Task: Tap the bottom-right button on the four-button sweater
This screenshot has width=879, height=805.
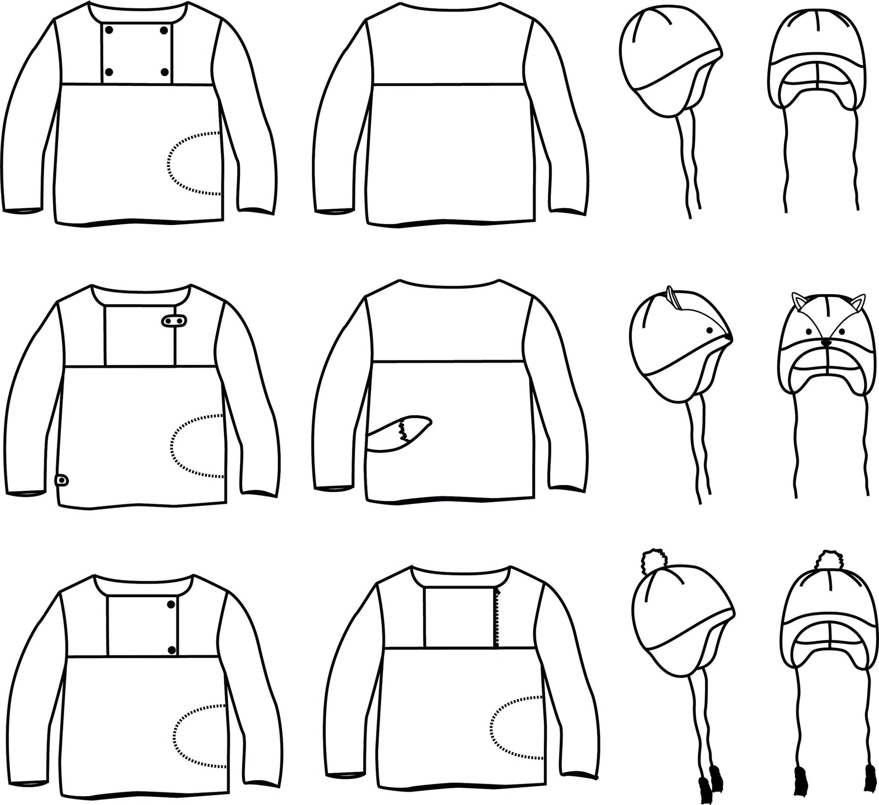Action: pos(164,72)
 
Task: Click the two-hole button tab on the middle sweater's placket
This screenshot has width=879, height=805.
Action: pos(174,321)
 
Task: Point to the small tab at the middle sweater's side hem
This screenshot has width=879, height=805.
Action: pos(61,480)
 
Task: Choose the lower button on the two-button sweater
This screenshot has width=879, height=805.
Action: pos(172,650)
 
